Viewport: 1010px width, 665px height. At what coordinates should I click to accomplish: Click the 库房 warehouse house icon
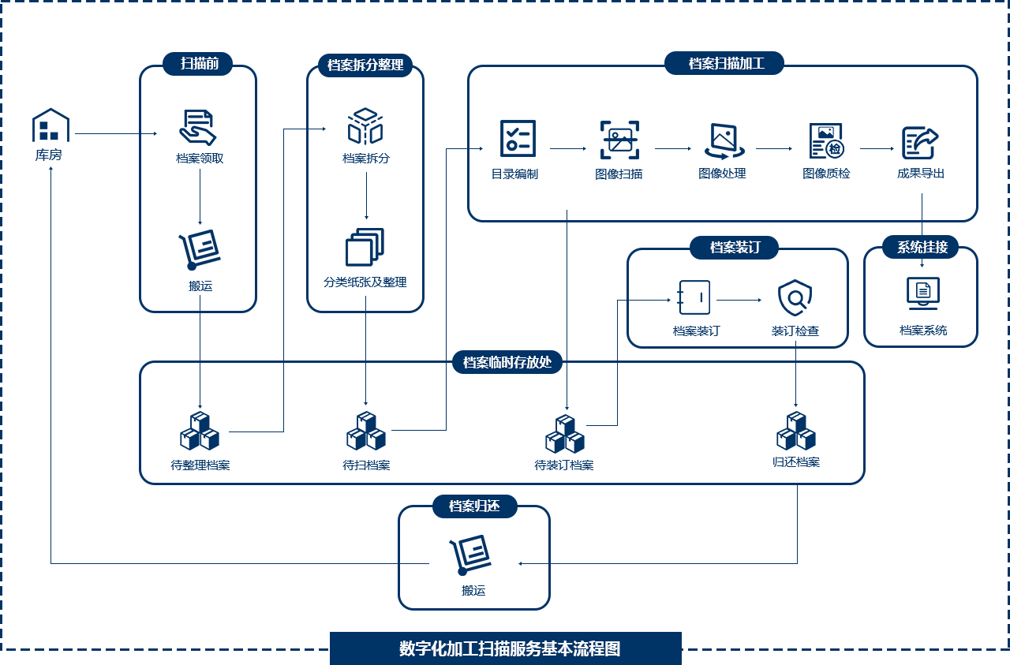pos(50,125)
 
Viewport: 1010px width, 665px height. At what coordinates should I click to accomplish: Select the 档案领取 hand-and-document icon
pos(197,127)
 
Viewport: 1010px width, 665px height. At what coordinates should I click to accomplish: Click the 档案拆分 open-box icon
pos(365,127)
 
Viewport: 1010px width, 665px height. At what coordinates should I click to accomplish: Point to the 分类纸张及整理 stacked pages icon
pos(365,247)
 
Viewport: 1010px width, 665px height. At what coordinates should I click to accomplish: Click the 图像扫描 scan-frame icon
pos(619,140)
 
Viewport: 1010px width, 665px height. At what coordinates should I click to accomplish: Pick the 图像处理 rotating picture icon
pos(723,140)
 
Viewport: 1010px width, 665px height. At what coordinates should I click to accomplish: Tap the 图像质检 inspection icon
pos(826,140)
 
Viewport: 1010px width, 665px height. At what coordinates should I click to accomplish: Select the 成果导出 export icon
pos(920,143)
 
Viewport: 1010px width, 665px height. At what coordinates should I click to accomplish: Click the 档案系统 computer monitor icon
pos(923,293)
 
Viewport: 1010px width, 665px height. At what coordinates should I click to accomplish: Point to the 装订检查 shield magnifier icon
pos(795,298)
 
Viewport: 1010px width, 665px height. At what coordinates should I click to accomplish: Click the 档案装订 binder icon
pos(694,298)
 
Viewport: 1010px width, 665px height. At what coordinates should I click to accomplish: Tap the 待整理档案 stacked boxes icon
pos(200,431)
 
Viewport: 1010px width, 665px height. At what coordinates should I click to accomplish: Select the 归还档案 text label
pos(796,462)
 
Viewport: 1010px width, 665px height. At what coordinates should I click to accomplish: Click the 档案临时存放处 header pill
pos(507,363)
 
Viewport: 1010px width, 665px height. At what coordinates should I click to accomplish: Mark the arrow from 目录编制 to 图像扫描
pos(568,148)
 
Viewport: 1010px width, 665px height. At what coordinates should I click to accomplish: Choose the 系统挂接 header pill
pos(922,247)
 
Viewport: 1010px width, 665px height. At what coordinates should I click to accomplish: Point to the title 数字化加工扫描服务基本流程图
pos(510,648)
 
